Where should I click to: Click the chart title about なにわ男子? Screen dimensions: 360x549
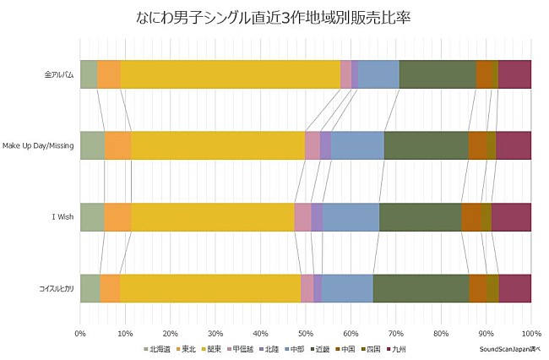pyautogui.click(x=274, y=17)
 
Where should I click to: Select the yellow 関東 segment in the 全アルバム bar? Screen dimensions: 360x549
pyautogui.click(x=230, y=74)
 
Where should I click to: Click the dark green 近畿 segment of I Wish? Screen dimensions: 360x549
pyautogui.click(x=420, y=217)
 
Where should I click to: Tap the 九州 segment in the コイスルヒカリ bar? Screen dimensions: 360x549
pyautogui.click(x=514, y=288)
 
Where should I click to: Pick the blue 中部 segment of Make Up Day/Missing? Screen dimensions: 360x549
pyautogui.click(x=357, y=145)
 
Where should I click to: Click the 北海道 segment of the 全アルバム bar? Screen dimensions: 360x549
pyautogui.click(x=88, y=74)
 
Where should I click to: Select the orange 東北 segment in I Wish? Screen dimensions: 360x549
pyautogui.click(x=117, y=217)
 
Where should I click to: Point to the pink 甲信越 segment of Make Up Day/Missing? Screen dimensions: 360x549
pyautogui.click(x=313, y=145)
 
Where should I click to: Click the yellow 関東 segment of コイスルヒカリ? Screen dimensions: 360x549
pyautogui.click(x=210, y=288)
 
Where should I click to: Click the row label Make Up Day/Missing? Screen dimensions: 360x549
pyautogui.click(x=38, y=145)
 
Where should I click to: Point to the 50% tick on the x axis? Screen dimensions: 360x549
pyautogui.click(x=305, y=332)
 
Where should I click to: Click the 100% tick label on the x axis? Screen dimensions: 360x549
pyautogui.click(x=530, y=332)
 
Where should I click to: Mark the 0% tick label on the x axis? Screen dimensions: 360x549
pyautogui.click(x=80, y=332)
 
